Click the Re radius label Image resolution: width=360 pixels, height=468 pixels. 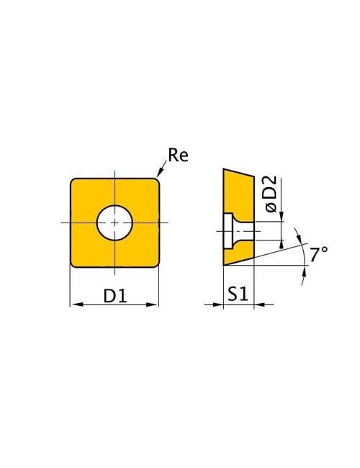click(x=178, y=155)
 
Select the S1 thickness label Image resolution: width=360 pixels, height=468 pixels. click(x=238, y=294)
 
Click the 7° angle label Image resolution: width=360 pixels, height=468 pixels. click(x=319, y=253)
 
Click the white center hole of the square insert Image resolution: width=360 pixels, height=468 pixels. click(x=114, y=222)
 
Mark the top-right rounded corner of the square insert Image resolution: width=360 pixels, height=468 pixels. click(x=156, y=181)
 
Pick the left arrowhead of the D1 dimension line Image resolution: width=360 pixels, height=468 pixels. click(x=74, y=305)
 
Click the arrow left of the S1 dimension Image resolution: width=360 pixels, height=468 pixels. click(x=219, y=305)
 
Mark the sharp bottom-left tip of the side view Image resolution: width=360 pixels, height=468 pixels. click(x=224, y=266)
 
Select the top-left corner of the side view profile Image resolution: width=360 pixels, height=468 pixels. click(x=224, y=170)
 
